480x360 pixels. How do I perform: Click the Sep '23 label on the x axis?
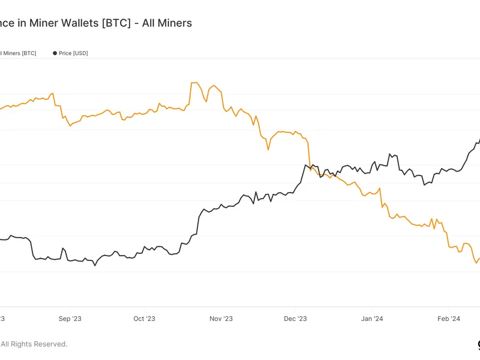coord(70,319)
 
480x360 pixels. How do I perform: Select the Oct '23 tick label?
coord(144,319)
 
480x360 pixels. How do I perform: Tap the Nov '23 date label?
coord(221,319)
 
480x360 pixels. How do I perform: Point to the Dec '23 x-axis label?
coord(295,319)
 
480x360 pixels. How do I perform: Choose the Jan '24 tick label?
coord(373,319)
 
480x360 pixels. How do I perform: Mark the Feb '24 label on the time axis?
coord(448,319)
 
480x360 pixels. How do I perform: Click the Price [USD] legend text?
coord(73,53)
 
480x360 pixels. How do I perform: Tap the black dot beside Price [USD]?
coord(55,53)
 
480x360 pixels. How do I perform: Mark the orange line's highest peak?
coord(194,82)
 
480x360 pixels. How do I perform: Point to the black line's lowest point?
coord(95,265)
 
